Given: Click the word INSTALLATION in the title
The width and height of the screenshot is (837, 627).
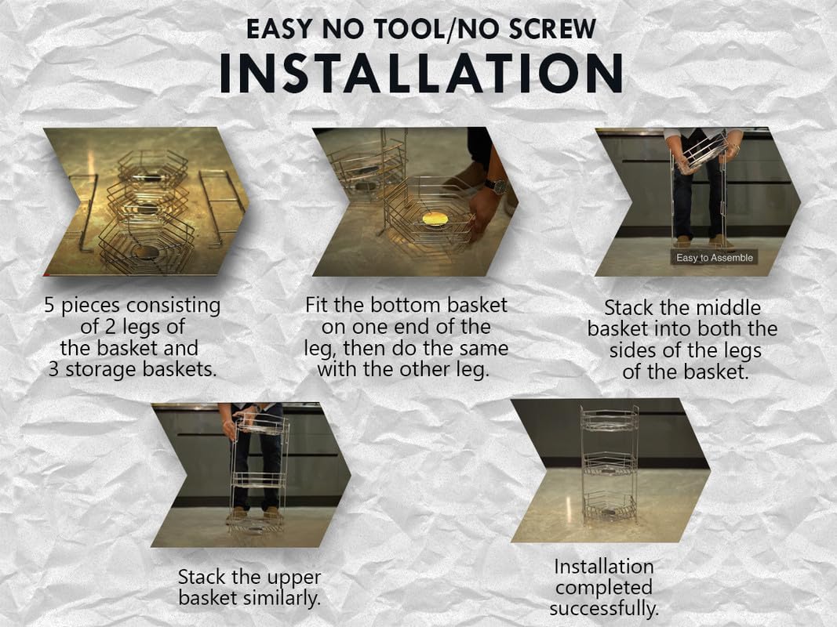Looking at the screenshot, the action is [x=421, y=74].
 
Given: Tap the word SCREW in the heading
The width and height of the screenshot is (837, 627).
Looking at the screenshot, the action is [x=552, y=29].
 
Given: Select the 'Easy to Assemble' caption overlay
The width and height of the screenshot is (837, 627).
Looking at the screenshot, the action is [x=714, y=258].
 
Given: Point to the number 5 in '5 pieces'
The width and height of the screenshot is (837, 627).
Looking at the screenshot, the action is [x=49, y=306].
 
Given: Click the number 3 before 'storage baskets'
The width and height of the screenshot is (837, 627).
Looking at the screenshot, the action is [x=53, y=369].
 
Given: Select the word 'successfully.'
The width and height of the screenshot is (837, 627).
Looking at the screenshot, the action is [x=604, y=608].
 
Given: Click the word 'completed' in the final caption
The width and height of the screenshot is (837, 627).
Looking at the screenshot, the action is [x=604, y=588].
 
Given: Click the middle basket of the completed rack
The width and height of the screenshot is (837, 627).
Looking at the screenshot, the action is [x=610, y=463].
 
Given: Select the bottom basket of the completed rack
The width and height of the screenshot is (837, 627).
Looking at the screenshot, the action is [x=610, y=506].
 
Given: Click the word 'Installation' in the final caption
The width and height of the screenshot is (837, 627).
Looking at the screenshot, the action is [x=604, y=566].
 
